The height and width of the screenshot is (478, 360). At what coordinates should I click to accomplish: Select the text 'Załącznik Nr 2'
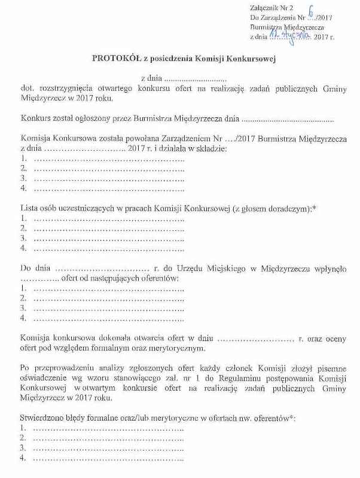pyautogui.click(x=270, y=8)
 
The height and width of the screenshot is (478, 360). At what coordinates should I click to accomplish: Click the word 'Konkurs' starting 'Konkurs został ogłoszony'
pyautogui.click(x=35, y=118)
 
